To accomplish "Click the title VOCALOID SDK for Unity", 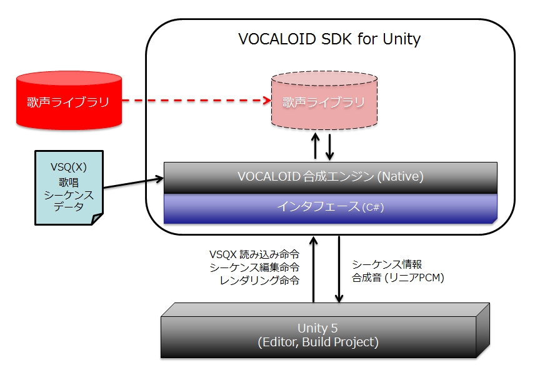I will [329, 39].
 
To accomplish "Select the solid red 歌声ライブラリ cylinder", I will [68, 102].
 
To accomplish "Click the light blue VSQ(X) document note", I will [68, 187].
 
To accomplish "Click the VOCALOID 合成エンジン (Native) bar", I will [330, 177].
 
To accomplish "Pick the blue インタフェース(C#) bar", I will [330, 207].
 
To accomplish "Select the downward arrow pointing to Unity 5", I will [339, 269].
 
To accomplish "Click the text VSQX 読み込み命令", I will [254, 254].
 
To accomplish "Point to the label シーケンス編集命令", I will [254, 267].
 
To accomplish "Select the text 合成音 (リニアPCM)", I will [397, 278].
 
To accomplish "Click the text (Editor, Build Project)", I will [318, 342].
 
